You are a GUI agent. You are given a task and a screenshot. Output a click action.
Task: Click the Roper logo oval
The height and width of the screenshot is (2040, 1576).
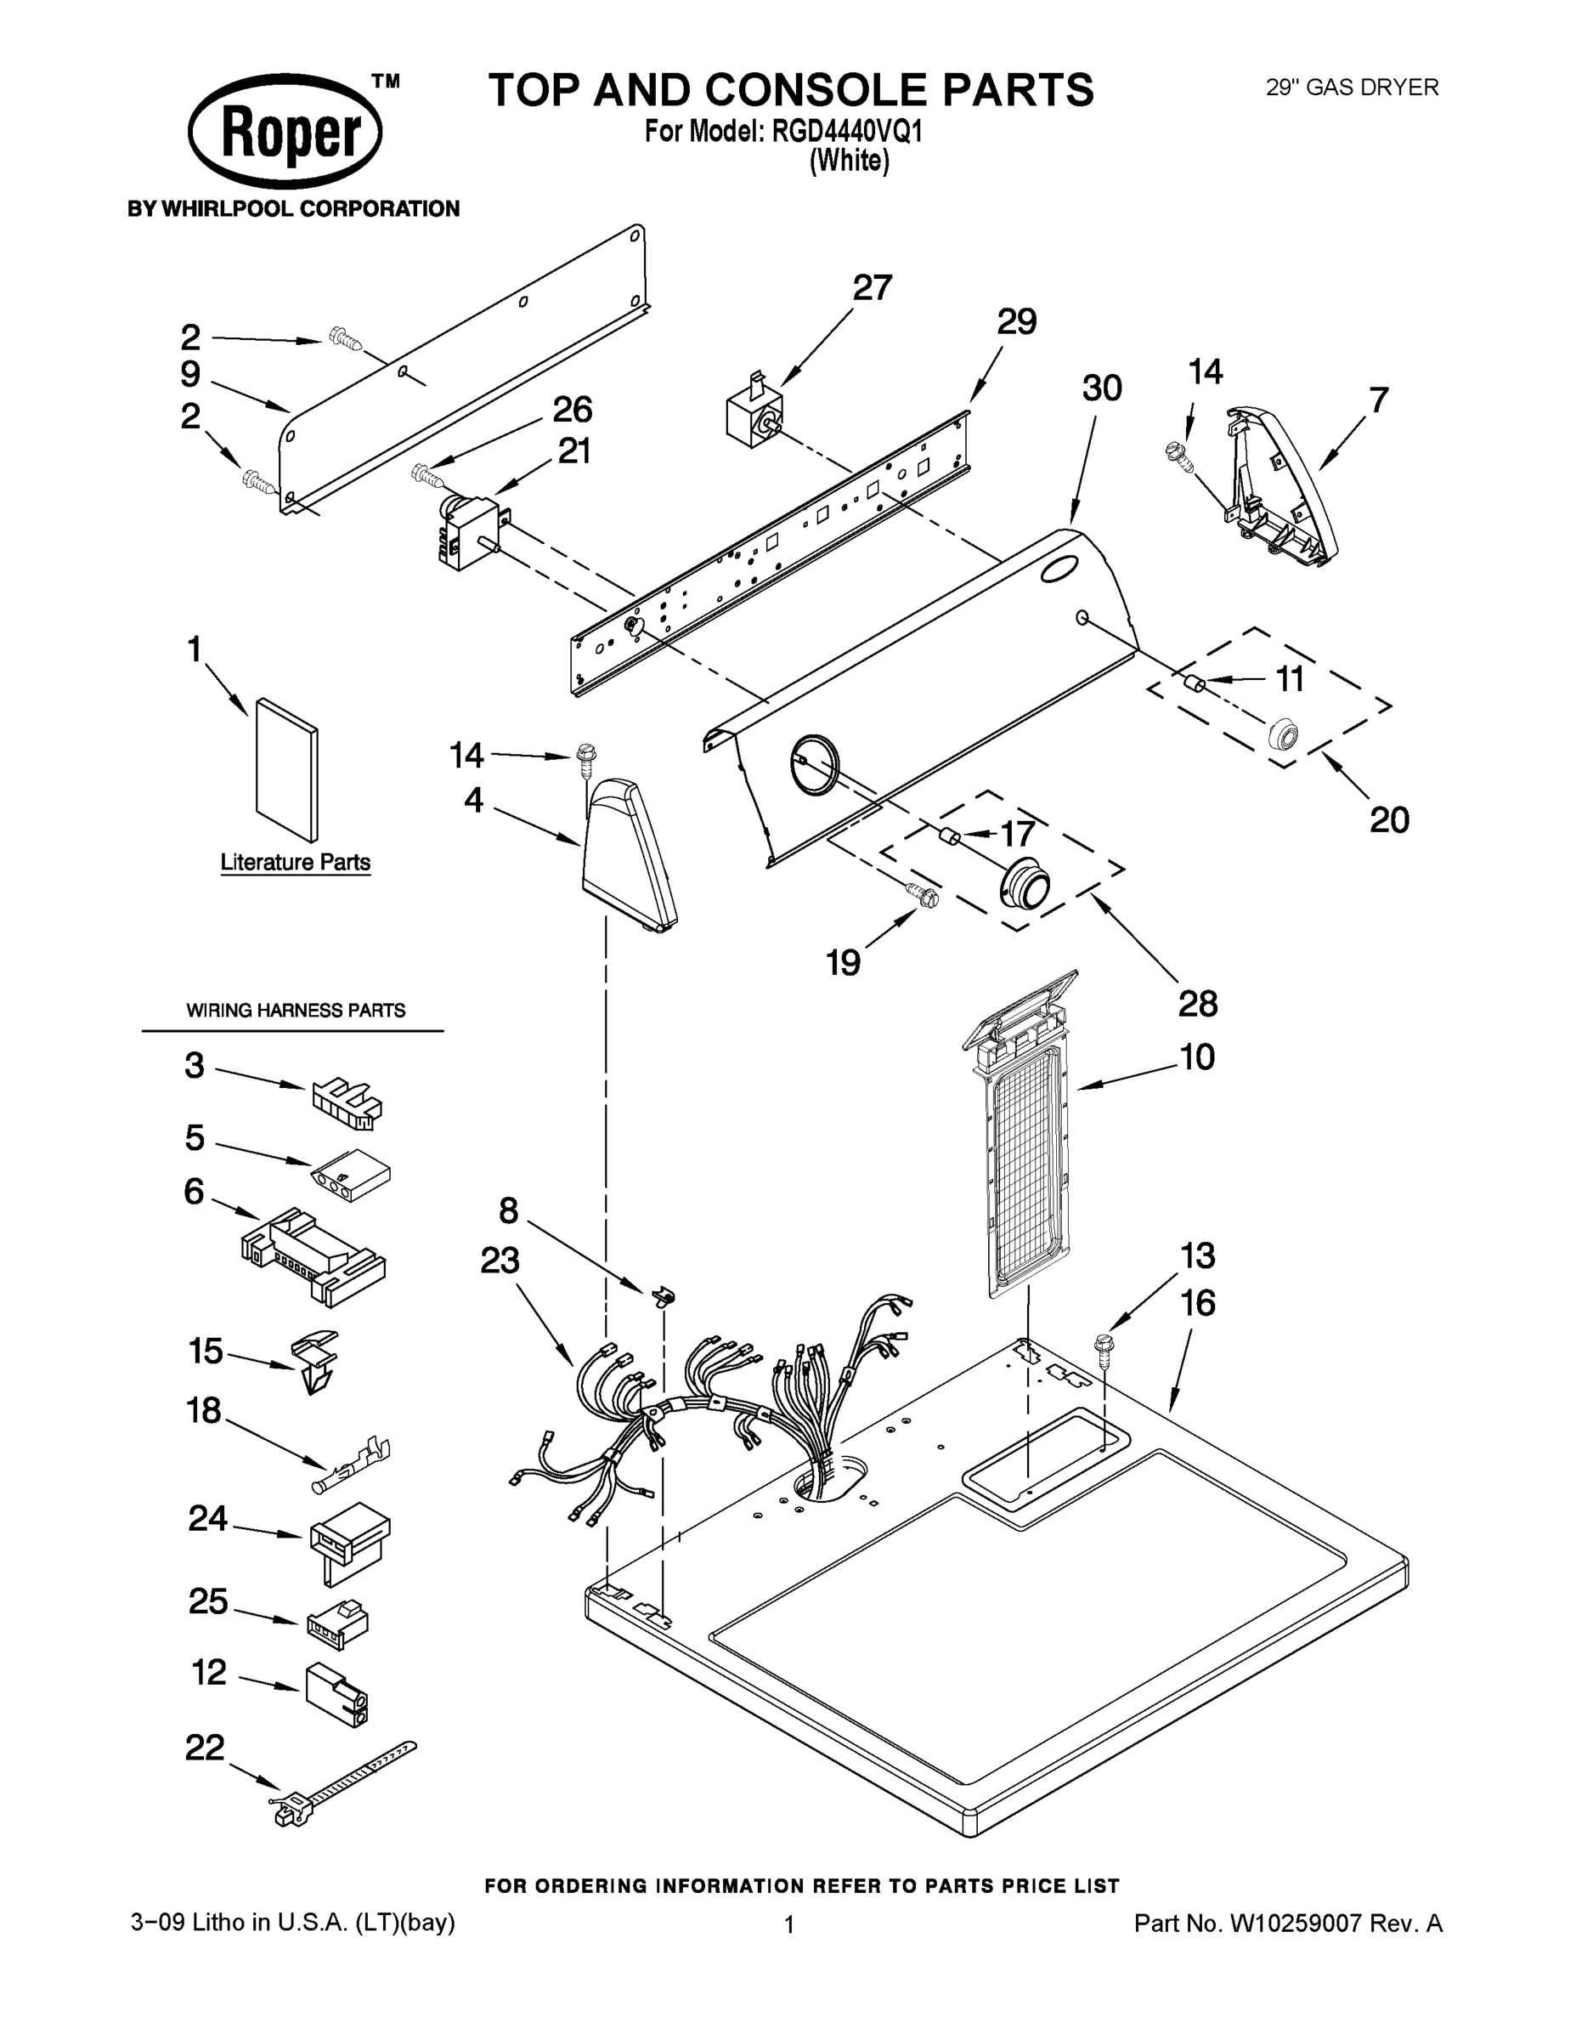click(285, 132)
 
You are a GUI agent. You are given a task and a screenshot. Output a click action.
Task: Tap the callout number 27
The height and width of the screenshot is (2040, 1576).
click(872, 287)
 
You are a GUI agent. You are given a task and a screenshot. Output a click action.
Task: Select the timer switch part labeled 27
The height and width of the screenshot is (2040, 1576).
click(754, 416)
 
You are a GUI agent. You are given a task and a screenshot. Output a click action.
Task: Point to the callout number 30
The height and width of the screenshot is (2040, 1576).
click(1101, 388)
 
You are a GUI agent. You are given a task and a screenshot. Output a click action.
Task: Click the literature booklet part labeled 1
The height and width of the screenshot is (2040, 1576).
click(286, 768)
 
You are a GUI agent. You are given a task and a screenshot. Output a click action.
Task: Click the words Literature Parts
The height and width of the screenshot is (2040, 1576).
click(295, 862)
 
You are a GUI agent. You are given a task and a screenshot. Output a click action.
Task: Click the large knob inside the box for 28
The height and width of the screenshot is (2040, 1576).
click(1025, 881)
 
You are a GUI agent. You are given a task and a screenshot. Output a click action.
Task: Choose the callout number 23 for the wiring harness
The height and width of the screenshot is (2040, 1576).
click(500, 1261)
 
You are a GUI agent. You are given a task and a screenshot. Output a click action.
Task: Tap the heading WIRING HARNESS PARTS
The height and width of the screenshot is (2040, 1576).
click(295, 1010)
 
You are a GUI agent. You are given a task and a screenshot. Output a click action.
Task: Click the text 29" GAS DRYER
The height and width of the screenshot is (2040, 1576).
click(1351, 88)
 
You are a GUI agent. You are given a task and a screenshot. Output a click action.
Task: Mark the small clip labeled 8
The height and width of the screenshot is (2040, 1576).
click(663, 1295)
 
